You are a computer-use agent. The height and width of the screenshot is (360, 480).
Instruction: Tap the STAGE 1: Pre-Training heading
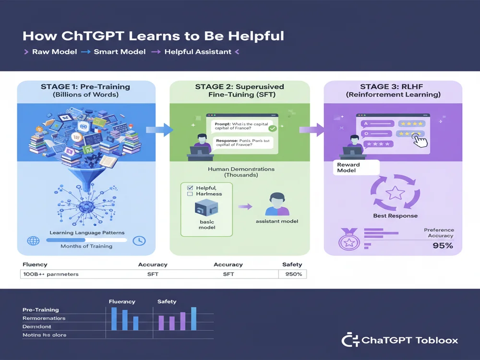pyautogui.click(x=86, y=87)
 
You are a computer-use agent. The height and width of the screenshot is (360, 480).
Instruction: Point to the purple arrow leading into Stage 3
pyautogui.click(x=311, y=130)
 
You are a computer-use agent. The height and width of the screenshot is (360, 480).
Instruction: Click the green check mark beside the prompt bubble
pyautogui.click(x=272, y=128)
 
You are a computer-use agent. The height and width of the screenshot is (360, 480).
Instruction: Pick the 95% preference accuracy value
pyautogui.click(x=442, y=245)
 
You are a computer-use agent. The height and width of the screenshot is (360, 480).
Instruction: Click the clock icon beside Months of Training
pyautogui.click(x=139, y=240)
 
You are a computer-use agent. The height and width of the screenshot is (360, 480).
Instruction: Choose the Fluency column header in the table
pyautogui.click(x=36, y=264)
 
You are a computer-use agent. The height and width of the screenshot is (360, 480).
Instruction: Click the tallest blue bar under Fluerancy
pyautogui.click(x=114, y=319)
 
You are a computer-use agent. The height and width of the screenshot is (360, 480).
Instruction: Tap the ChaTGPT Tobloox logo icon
pyautogui.click(x=349, y=340)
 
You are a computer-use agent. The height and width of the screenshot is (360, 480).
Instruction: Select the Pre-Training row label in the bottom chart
pyautogui.click(x=41, y=310)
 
